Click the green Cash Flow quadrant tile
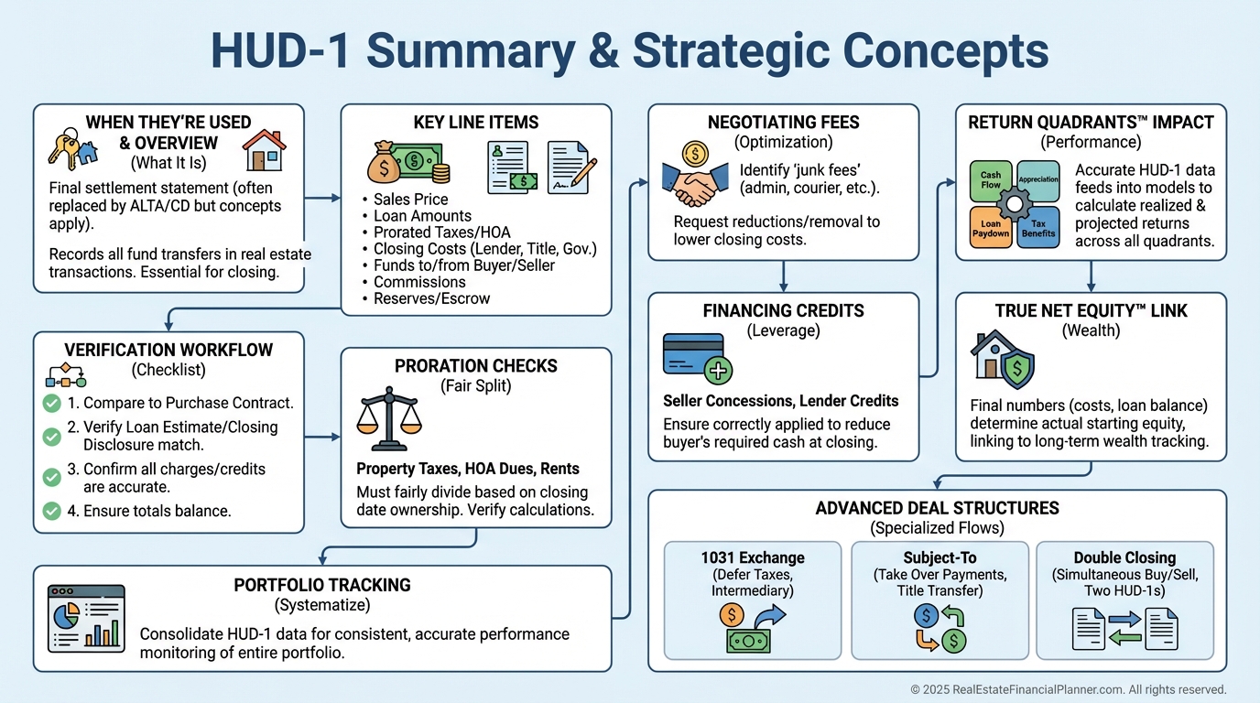tap(991, 179)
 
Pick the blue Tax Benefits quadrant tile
tap(1039, 228)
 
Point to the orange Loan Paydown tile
tap(991, 228)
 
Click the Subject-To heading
tap(939, 557)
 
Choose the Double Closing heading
tap(1124, 557)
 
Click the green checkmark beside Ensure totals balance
tap(52, 510)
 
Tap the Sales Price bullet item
tap(410, 200)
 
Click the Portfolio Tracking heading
tap(321, 585)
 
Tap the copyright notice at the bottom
tap(1068, 689)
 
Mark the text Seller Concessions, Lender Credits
tap(780, 400)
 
